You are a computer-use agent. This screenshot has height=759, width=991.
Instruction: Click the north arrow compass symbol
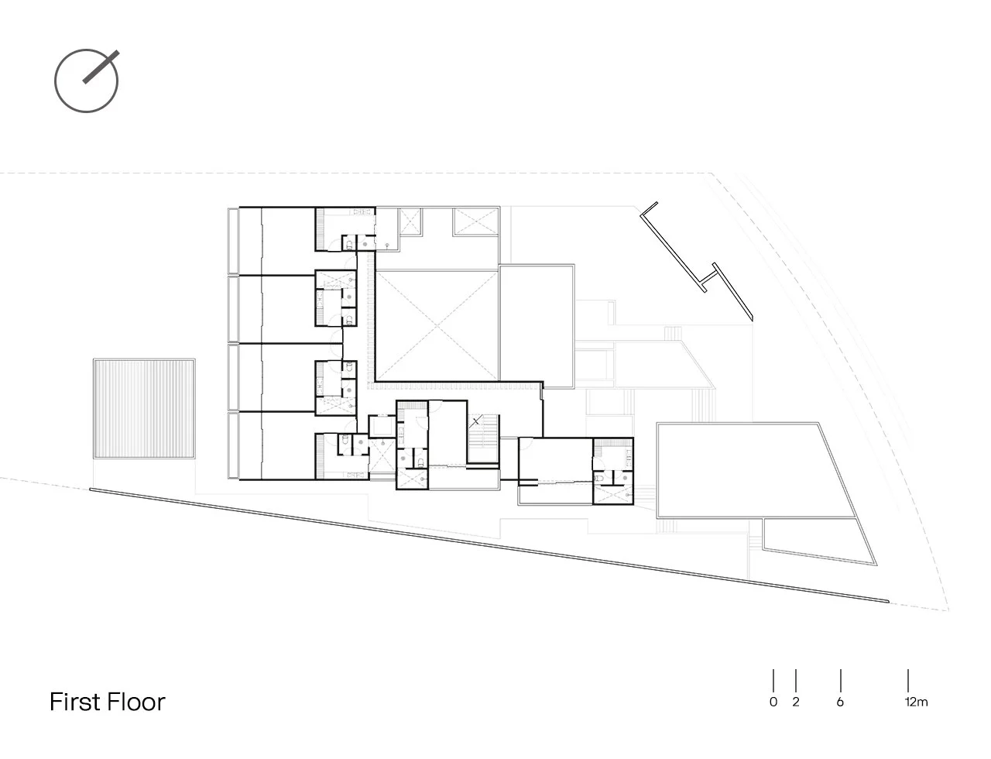click(86, 81)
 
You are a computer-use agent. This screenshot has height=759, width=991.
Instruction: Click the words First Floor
click(108, 702)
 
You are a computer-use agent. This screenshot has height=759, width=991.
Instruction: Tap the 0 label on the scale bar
click(773, 702)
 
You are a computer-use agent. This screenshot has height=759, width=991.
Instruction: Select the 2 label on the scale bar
click(796, 702)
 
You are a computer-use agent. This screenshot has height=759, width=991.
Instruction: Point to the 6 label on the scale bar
click(840, 702)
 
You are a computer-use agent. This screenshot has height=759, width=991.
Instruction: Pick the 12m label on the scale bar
click(914, 702)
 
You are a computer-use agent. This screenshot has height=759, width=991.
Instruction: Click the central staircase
click(482, 441)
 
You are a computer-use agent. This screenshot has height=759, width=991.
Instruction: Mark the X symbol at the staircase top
click(476, 422)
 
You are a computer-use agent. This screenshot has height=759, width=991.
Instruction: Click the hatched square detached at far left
click(143, 410)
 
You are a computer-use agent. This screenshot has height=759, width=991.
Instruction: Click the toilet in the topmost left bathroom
click(349, 244)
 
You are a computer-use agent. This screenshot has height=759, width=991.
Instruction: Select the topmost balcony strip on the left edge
click(232, 239)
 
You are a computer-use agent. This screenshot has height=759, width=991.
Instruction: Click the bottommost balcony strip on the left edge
click(232, 446)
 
